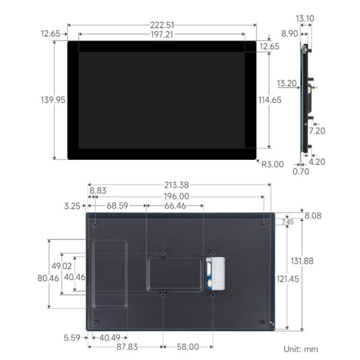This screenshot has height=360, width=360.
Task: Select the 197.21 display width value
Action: pos(161,35)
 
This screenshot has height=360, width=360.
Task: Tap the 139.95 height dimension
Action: pos(53,100)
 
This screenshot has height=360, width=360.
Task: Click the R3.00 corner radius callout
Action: pos(272,164)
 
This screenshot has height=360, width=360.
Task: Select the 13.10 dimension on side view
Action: pos(305,19)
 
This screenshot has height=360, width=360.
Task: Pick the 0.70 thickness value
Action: pos(301,171)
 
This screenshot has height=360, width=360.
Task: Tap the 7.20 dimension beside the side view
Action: pos(317,131)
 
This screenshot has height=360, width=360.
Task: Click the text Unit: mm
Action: pos(300,349)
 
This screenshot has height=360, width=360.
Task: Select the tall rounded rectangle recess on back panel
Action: pos(110,274)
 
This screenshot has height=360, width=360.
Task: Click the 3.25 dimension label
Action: pos(72,206)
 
